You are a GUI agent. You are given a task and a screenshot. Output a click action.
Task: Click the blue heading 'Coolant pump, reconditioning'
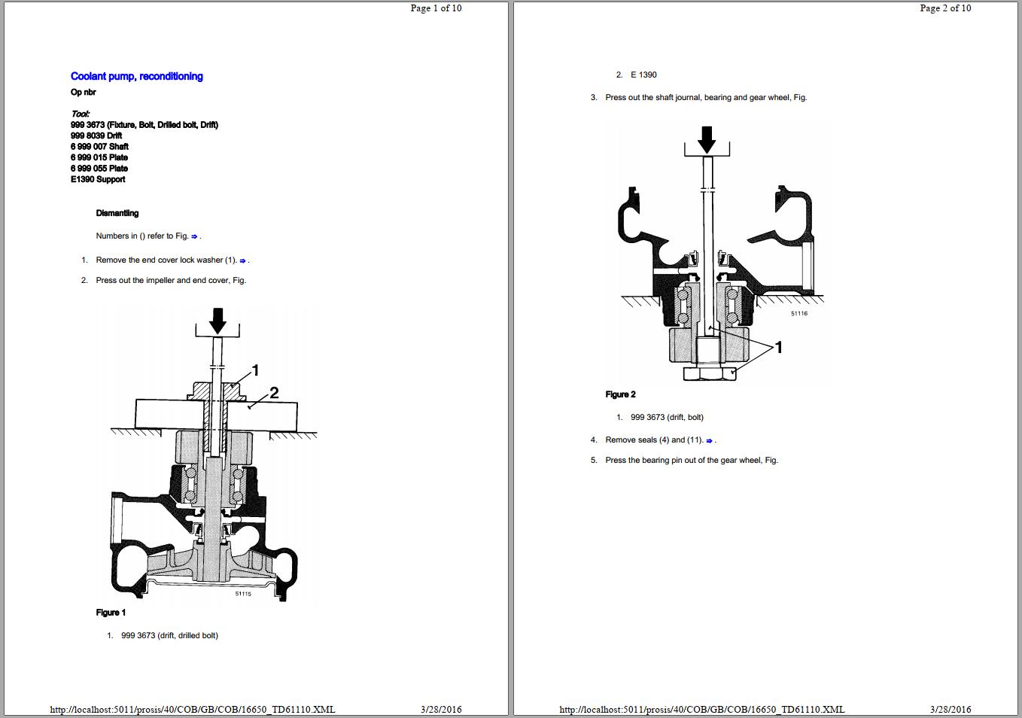click(136, 76)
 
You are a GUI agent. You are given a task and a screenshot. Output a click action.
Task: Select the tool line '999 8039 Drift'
click(96, 135)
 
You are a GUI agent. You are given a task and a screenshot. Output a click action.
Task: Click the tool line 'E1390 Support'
click(98, 179)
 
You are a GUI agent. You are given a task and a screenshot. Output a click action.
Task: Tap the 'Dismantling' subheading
click(117, 213)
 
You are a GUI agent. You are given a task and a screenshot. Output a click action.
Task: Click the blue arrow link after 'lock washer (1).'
click(242, 260)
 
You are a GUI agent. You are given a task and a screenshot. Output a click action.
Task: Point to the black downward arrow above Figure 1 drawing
click(217, 320)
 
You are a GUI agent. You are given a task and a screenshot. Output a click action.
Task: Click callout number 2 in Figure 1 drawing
click(274, 392)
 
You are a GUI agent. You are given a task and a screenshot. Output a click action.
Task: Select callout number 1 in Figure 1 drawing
click(255, 370)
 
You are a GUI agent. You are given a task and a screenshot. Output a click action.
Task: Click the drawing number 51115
click(243, 594)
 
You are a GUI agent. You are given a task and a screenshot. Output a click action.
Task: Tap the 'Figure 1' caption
click(111, 613)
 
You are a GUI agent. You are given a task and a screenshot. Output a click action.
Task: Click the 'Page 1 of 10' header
click(436, 8)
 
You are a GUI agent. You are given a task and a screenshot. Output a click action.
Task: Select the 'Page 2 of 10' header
click(945, 8)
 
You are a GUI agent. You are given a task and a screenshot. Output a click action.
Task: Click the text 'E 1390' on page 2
click(643, 75)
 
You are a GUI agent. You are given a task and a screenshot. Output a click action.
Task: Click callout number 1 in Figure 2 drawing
click(779, 347)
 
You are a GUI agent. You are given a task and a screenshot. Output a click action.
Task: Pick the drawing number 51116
click(798, 313)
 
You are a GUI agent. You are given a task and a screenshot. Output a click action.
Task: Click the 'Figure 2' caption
click(620, 394)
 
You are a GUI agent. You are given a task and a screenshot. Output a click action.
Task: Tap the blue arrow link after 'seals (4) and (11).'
click(709, 440)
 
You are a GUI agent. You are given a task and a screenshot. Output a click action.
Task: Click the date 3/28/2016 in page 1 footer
click(441, 709)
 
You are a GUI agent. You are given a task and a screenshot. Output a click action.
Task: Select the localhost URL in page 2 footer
click(701, 709)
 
